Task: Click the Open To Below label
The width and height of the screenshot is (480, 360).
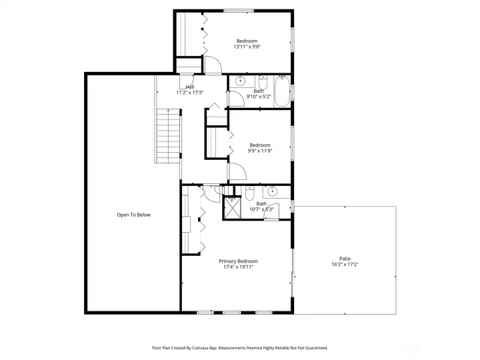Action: (134, 215)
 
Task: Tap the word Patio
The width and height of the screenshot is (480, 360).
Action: (345, 259)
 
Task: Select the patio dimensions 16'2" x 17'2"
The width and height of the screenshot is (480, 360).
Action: (345, 265)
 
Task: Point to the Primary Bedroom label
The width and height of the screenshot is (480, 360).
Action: (239, 261)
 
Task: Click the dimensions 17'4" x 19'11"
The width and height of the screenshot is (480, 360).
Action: (239, 267)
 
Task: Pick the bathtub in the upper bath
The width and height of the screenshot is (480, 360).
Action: (282, 91)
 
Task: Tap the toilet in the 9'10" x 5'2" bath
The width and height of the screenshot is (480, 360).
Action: (263, 82)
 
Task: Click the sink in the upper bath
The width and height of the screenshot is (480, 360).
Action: (240, 81)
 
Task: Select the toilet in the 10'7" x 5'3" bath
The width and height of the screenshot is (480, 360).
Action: (250, 193)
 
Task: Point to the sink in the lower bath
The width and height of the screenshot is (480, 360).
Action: (272, 191)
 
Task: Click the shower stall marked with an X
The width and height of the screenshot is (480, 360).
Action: (233, 208)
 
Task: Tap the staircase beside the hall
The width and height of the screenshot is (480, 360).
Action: (168, 136)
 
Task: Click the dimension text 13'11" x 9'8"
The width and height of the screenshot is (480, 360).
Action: (247, 47)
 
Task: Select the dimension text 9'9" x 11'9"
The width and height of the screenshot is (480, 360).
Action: (260, 151)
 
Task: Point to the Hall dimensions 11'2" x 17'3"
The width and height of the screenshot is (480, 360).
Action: (190, 93)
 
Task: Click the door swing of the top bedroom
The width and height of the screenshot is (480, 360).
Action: (213, 65)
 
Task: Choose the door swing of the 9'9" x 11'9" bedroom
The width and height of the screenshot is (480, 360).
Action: (237, 171)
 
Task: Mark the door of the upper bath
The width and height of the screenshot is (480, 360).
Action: (236, 99)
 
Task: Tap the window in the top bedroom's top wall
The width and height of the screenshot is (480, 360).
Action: (239, 11)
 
